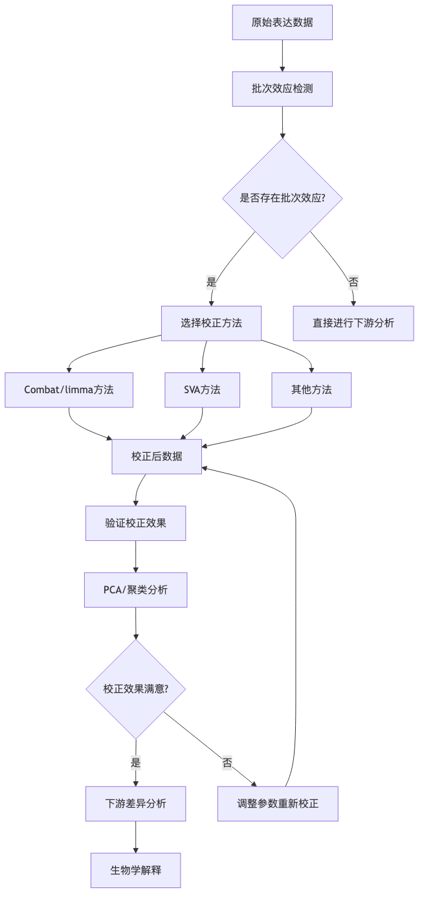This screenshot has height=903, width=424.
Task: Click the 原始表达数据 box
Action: pos(282,23)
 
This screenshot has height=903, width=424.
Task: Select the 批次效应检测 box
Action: pos(282,89)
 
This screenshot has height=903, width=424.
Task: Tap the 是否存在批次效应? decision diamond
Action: pos(282,198)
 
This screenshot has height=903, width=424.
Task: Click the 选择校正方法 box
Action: pos(211,323)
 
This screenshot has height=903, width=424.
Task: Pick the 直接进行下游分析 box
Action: pos(353,323)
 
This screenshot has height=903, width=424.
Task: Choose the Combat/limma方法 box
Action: pos(69,390)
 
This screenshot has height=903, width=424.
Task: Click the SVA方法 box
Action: pos(202,390)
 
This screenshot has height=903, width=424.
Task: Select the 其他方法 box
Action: pos(311,390)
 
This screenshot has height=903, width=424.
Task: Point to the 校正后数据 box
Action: pos(157,456)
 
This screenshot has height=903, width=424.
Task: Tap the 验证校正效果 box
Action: pos(135,523)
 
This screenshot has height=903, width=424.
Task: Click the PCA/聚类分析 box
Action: pos(135,589)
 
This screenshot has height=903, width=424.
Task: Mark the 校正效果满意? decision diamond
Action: pos(135,689)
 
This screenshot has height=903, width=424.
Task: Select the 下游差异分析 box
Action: pos(135,804)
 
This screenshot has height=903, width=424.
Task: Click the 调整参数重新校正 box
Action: pos(278,804)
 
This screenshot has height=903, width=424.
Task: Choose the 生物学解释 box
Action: pos(135,870)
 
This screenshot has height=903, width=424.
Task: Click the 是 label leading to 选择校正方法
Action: pos(211,282)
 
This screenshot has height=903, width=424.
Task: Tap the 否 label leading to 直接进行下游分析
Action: pos(353,282)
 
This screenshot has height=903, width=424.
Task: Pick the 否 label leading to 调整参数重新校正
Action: pos(227,762)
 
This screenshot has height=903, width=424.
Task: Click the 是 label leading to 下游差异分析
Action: pos(135,762)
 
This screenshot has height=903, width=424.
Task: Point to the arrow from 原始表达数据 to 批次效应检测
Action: pos(282,56)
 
